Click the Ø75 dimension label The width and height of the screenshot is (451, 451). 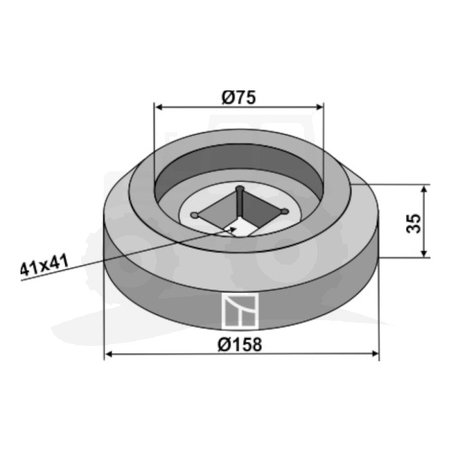pyautogui.click(x=238, y=97)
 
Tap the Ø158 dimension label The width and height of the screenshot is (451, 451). pyautogui.click(x=240, y=344)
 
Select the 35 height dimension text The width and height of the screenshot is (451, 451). pyautogui.click(x=414, y=223)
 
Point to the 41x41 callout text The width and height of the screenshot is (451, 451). pyautogui.click(x=44, y=265)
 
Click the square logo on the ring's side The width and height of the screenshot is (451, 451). pyautogui.click(x=240, y=311)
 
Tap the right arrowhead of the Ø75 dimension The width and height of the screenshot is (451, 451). pyautogui.click(x=320, y=108)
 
